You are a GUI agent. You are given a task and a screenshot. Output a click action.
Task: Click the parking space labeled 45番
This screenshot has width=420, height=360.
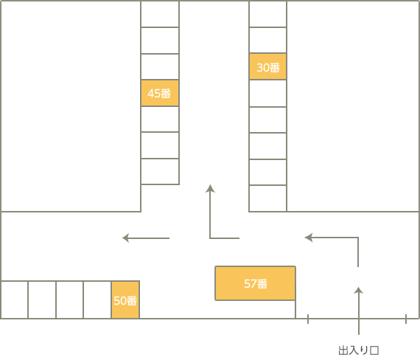pos(160,93)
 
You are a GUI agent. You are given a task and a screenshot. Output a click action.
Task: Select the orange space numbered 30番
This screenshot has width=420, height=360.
pos(268,66)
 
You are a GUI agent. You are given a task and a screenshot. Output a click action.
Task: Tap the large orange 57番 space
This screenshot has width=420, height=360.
pos(255,283)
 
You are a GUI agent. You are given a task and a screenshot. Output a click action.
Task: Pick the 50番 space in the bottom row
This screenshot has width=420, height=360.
pos(125,300)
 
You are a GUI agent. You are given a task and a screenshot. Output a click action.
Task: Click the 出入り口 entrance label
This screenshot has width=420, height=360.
pos(358,350)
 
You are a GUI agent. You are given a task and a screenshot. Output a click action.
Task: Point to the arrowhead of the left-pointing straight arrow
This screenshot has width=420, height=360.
pos(125,238)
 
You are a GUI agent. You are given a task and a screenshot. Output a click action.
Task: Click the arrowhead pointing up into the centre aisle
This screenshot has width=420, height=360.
pos(210,188)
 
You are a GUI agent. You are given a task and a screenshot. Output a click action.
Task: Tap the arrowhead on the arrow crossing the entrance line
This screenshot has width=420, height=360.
pos(358,290)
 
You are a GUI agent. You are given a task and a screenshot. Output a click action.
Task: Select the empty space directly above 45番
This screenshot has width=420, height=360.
pos(160,67)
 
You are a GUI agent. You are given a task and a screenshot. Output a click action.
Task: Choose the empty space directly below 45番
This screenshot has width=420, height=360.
pos(160,119)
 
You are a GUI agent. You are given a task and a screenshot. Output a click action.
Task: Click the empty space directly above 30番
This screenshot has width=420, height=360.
pos(268,40)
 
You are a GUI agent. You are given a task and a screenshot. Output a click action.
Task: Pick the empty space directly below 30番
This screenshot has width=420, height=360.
pos(268,94)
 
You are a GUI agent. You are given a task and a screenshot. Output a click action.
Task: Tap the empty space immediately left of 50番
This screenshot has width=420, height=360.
pos(97,300)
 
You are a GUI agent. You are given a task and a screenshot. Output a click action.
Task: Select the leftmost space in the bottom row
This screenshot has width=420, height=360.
pos(15,300)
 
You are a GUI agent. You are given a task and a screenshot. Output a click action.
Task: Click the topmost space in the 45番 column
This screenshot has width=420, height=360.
pos(160,14)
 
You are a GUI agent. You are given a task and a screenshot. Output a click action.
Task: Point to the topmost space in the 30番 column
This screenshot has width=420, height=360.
pos(268,14)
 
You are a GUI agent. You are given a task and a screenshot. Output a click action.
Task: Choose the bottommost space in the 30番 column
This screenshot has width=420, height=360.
pos(268,198)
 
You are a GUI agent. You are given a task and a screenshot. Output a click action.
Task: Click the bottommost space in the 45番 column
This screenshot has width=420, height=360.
pos(160,171)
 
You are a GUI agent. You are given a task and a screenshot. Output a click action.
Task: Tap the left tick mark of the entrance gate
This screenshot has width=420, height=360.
pos(308,319)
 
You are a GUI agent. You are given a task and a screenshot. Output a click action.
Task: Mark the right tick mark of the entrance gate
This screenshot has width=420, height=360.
pos(406,319)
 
